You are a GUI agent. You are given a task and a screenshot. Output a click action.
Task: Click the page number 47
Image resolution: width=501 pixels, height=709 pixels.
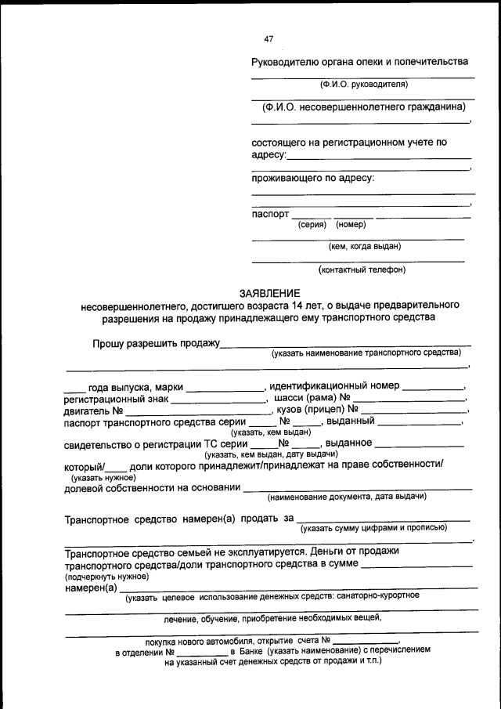pos(269,38)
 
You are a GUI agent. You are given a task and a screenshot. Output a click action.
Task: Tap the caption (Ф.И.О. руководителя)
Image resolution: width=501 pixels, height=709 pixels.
pos(362,85)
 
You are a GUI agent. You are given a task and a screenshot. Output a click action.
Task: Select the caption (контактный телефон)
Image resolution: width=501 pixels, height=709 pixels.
pos(362,270)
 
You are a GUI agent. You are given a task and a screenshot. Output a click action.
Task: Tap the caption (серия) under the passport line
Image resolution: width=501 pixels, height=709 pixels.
pos(312,225)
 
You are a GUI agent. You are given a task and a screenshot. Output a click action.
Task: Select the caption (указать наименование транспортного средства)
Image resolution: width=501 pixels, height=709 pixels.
pos(366,354)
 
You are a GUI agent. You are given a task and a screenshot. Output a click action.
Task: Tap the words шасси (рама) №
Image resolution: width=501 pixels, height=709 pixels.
pos(312,398)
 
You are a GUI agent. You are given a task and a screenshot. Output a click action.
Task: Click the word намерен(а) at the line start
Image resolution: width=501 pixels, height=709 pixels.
pos(91,588)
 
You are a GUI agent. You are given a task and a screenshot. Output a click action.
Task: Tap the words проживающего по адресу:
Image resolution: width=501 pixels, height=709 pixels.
pos(312,178)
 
